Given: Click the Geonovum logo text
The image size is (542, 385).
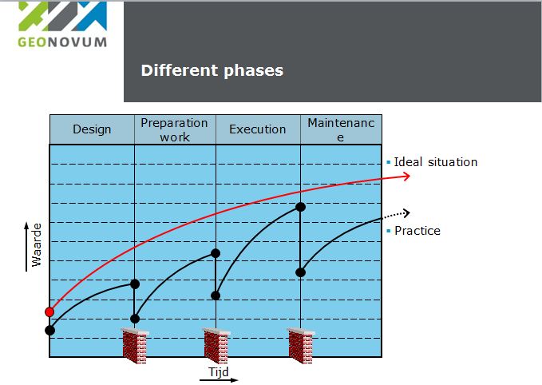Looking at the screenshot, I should [61, 41].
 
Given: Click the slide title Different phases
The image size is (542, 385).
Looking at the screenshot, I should [212, 70].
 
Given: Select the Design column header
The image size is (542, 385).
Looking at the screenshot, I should [92, 129].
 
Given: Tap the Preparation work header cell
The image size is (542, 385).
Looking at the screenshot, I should [174, 129].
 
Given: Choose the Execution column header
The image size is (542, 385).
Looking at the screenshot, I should [257, 129].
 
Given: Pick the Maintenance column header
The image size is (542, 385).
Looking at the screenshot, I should [340, 129].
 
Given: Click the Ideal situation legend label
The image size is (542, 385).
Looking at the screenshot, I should [435, 162].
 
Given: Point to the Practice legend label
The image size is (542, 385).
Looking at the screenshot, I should [417, 231].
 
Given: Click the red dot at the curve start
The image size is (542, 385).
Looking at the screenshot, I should [49, 312].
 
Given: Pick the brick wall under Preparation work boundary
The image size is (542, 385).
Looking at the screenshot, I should [135, 346].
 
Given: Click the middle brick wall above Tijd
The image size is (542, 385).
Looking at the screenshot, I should [216, 346].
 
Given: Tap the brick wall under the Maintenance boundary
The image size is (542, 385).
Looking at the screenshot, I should [300, 346].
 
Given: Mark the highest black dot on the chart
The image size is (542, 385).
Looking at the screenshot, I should [300, 207].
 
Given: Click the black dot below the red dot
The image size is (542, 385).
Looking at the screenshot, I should [49, 330].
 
